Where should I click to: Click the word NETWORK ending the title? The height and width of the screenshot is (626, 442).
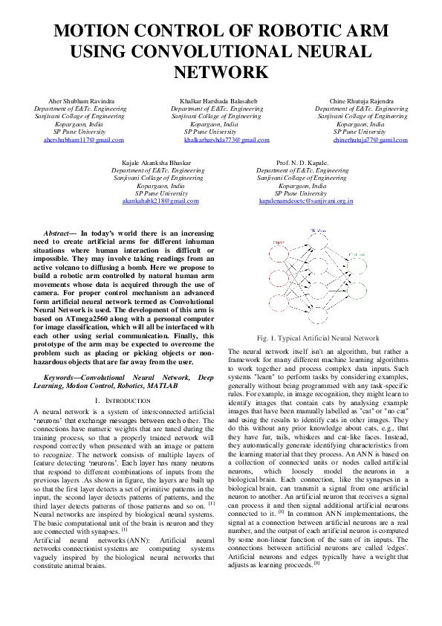point(220,72)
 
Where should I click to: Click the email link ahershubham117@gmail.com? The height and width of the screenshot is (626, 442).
point(83,140)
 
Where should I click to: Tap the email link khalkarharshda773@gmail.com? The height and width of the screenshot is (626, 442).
point(227,140)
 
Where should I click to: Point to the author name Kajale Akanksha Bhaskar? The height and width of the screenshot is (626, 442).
point(161,162)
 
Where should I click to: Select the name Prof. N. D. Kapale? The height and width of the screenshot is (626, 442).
point(302,162)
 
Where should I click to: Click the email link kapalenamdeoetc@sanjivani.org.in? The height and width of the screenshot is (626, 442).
point(306,201)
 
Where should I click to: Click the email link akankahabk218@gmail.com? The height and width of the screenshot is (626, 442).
point(161,201)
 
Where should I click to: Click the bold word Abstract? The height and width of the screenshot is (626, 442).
point(58,233)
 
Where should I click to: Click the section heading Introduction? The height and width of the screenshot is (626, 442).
point(116,401)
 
